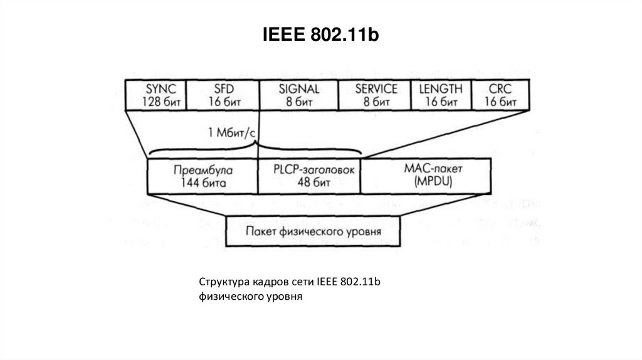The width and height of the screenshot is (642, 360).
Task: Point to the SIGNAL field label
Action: click(x=298, y=88)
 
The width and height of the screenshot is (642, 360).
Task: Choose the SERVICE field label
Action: click(x=376, y=88)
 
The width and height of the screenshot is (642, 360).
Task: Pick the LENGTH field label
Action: click(x=440, y=88)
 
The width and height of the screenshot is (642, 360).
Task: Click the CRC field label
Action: click(x=500, y=88)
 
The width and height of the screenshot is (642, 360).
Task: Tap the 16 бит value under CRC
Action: click(x=500, y=102)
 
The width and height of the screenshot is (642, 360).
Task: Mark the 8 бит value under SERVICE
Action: click(x=376, y=102)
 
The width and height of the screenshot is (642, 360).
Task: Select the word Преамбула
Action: click(x=203, y=170)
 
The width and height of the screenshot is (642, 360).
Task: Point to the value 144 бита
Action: click(x=203, y=183)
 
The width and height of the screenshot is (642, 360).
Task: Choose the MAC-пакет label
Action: click(x=428, y=169)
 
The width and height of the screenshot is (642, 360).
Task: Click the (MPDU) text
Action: click(x=428, y=182)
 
